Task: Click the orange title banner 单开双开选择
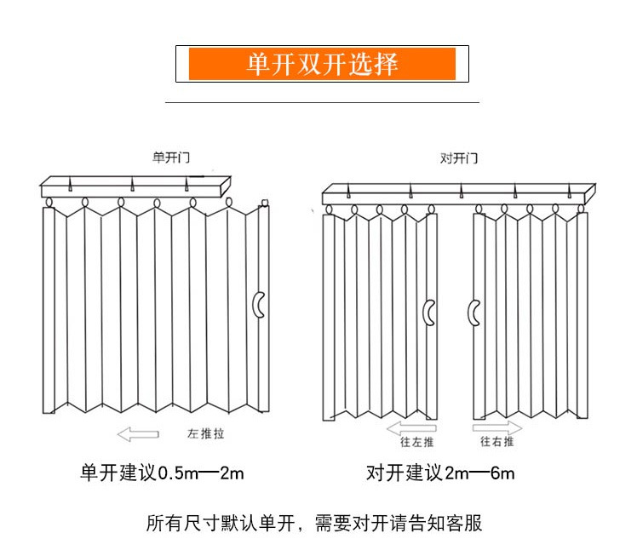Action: [x=322, y=65]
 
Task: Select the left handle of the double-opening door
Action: [x=430, y=313]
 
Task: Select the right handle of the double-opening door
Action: [x=473, y=312]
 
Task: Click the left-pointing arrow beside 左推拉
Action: [x=138, y=434]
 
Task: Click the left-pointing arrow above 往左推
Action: [x=411, y=427]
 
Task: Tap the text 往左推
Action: [x=416, y=442]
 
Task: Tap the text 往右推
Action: [x=496, y=442]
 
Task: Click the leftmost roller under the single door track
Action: [x=49, y=203]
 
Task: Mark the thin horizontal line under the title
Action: [x=322, y=102]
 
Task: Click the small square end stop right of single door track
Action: [x=266, y=203]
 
